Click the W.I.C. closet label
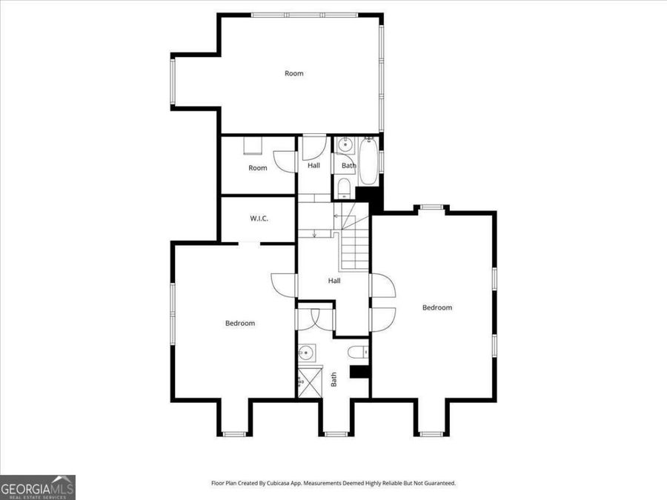point(259,219)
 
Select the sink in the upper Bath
point(344,145)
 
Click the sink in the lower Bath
point(305,353)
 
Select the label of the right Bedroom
point(437,307)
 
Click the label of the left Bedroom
point(240,323)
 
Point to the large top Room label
point(294,73)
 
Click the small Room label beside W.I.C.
point(257,168)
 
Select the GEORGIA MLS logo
point(38,487)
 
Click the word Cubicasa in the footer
point(287,483)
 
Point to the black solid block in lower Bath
point(359,371)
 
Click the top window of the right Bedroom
point(432,208)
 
